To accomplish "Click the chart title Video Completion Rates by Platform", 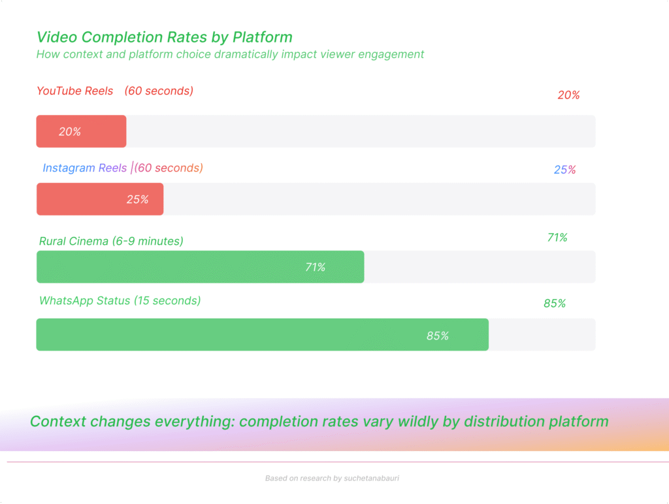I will (x=164, y=37).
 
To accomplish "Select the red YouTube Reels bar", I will (x=81, y=131).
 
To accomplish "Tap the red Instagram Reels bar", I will (x=99, y=199).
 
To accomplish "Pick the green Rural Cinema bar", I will (x=200, y=267).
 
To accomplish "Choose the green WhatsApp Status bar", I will (x=262, y=335).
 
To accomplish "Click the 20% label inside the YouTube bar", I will (x=70, y=132).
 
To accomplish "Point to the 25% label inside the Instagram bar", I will (x=137, y=200).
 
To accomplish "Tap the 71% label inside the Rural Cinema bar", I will (x=315, y=267).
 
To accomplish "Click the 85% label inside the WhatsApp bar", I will (x=438, y=336).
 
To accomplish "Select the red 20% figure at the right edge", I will (x=568, y=95).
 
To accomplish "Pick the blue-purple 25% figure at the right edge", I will (x=564, y=170).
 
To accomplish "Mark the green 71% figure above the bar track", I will (x=557, y=238).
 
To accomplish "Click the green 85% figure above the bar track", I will (x=555, y=304).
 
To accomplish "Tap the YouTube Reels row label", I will (x=75, y=91).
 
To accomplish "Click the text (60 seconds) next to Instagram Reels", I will (x=169, y=168).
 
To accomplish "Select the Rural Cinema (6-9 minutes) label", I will (x=111, y=242).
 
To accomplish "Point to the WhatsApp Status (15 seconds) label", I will (x=120, y=301).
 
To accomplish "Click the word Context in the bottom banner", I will (x=57, y=421).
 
